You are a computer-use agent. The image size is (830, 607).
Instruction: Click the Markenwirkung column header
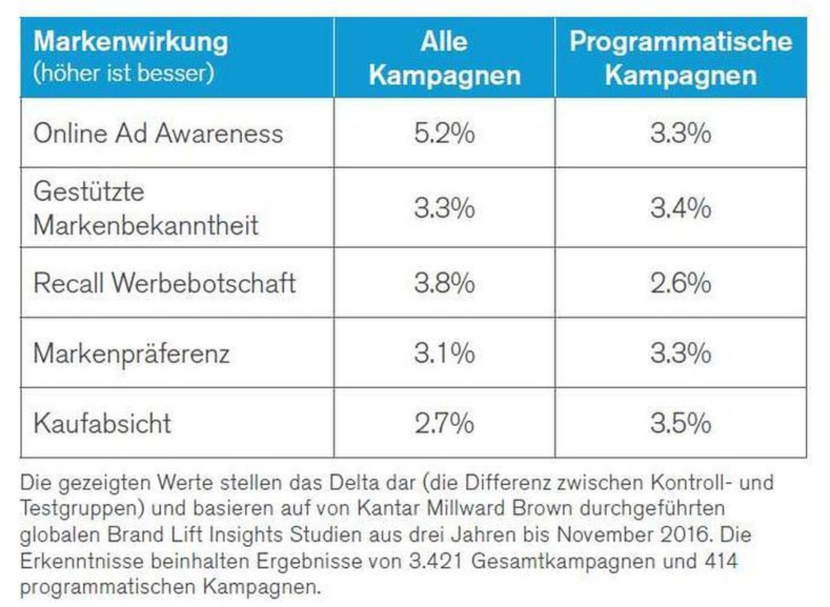[131, 42]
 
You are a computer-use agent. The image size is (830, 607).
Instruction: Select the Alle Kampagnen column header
[445, 58]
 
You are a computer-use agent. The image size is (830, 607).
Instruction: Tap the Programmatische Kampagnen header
[681, 58]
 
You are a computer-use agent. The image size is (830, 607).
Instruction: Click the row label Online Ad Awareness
[158, 133]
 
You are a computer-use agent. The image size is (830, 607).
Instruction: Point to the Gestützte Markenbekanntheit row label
[146, 208]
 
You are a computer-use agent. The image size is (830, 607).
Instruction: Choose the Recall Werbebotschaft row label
[165, 283]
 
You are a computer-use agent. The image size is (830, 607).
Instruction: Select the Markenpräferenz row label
[131, 354]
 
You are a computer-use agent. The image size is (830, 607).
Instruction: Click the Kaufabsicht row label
[102, 423]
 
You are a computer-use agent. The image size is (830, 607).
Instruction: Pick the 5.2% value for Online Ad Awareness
[444, 134]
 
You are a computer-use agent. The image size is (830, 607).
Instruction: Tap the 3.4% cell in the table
[681, 208]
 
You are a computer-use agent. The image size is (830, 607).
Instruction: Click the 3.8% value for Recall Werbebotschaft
[444, 283]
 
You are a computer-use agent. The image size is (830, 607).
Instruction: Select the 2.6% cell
[681, 283]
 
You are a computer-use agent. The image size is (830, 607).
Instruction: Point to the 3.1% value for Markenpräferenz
[444, 353]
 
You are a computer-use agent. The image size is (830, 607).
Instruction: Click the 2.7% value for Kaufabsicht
[444, 424]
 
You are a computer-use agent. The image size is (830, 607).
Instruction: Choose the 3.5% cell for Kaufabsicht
[681, 424]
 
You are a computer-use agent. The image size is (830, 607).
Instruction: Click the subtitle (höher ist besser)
[124, 73]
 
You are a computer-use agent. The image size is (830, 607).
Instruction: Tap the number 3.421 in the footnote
[436, 561]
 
